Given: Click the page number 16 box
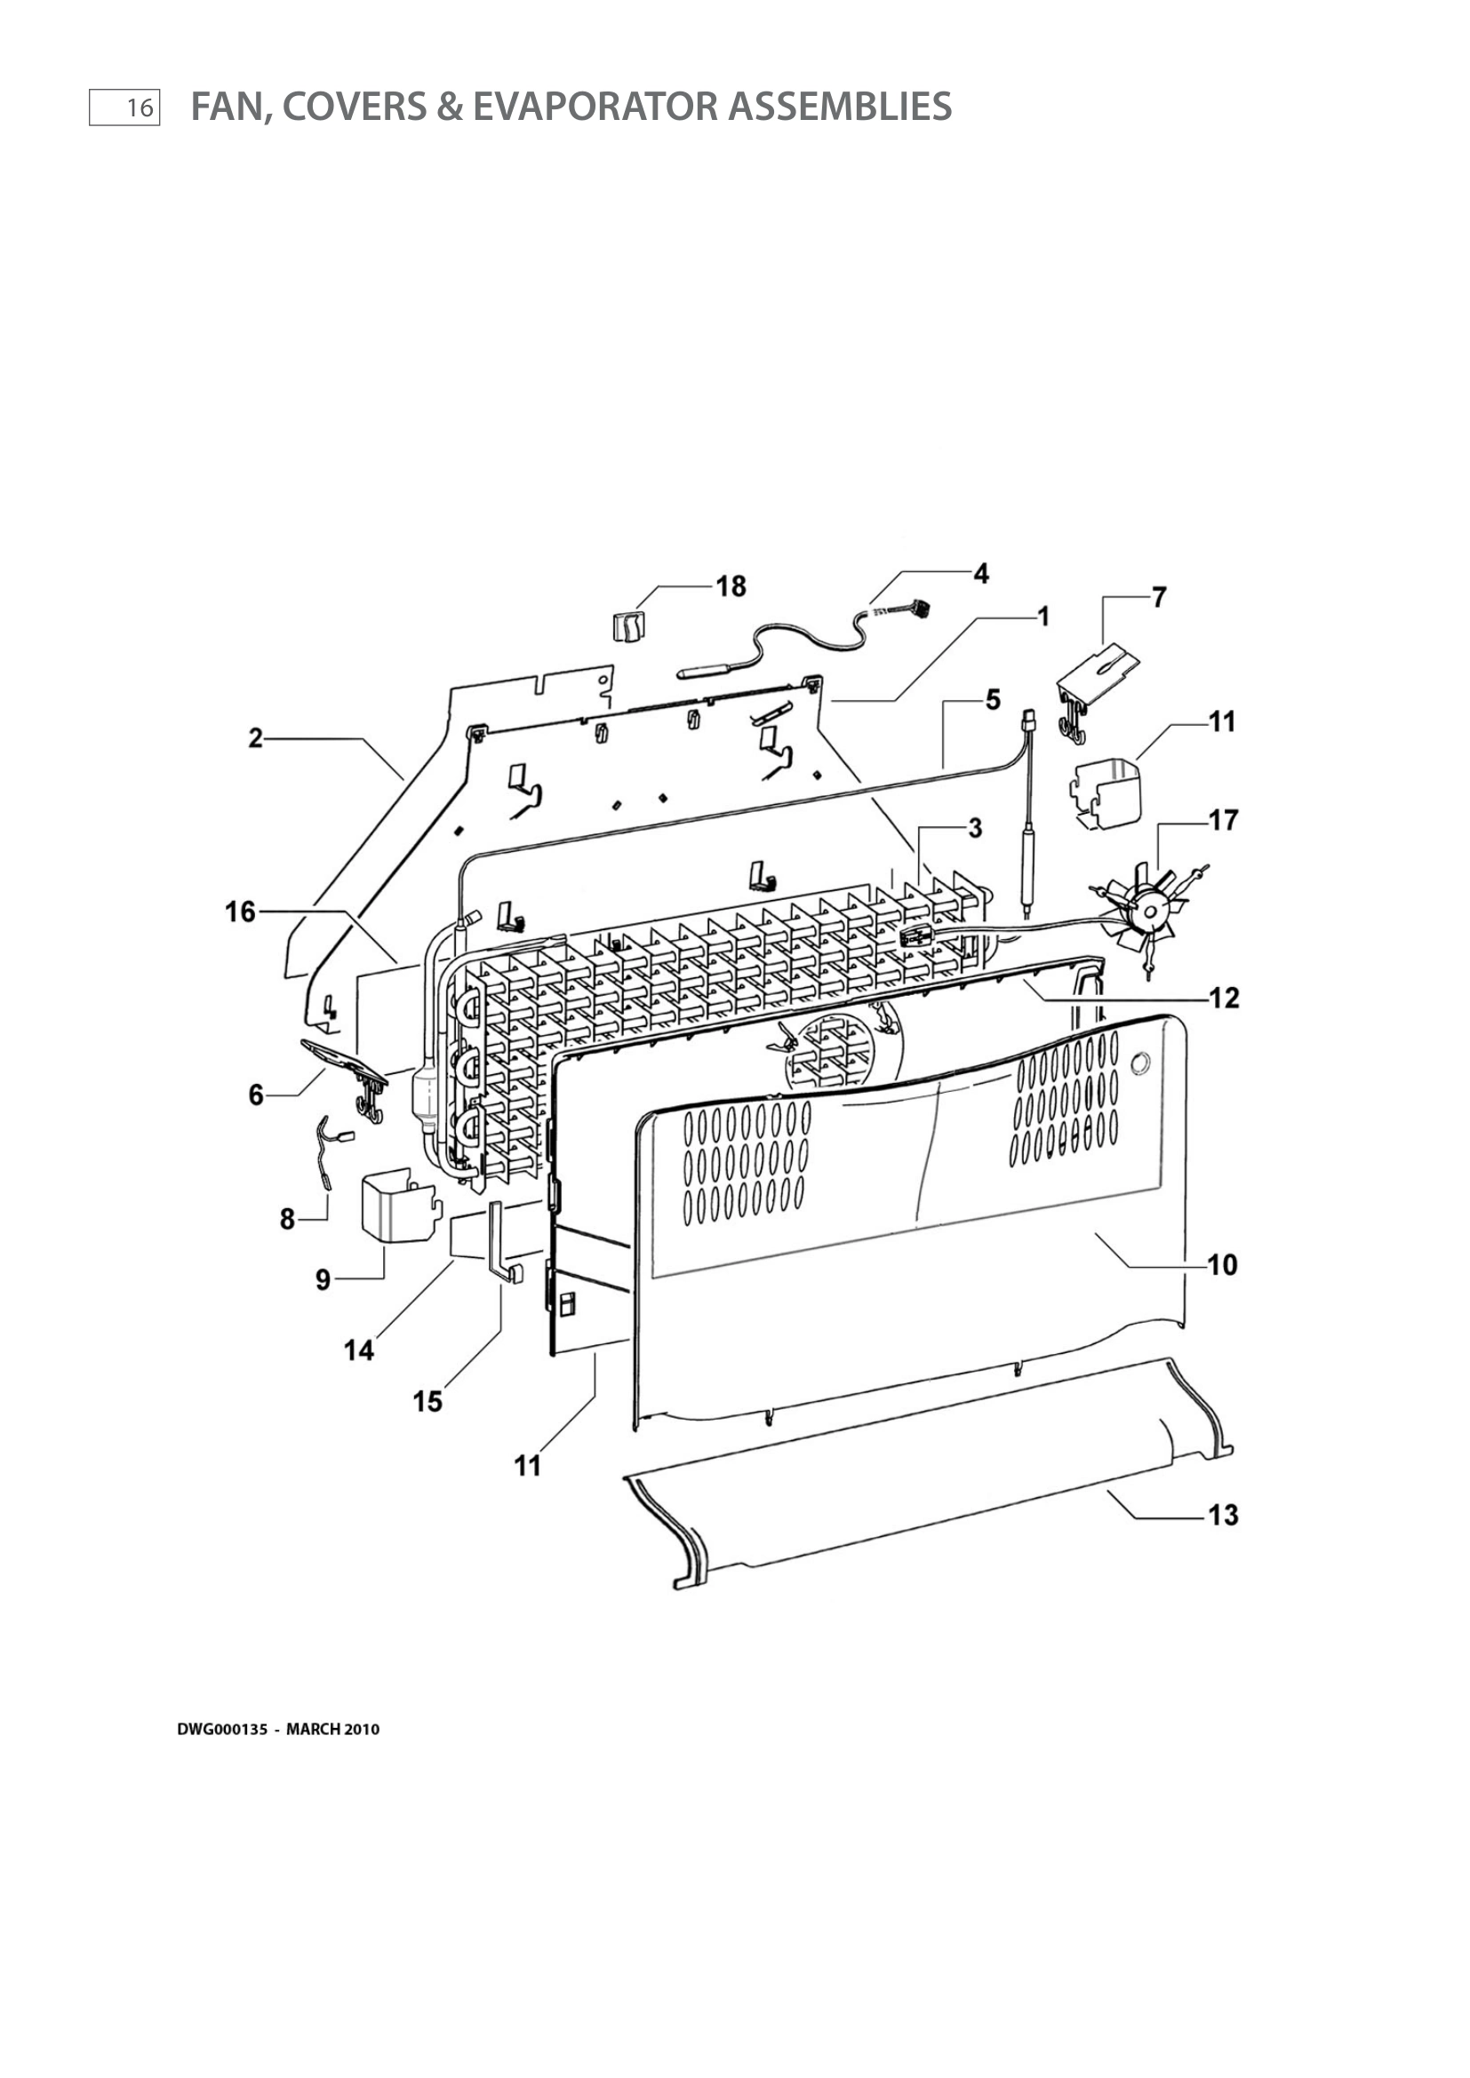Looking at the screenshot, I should click(125, 107).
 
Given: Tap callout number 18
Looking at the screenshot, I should click(731, 586).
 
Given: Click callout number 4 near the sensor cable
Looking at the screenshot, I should click(981, 573).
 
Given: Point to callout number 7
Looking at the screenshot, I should click(1159, 597).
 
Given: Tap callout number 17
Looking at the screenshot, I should click(1223, 821).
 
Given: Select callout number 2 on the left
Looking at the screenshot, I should click(256, 738).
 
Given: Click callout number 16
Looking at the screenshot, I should click(241, 912).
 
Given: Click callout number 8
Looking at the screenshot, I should click(287, 1219).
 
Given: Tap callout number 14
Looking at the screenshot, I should click(358, 1350).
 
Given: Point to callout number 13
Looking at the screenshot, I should click(1223, 1514).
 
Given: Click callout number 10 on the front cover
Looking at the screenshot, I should click(1222, 1264).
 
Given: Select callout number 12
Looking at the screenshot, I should click(1224, 999).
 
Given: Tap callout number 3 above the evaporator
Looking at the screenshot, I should click(974, 829).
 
